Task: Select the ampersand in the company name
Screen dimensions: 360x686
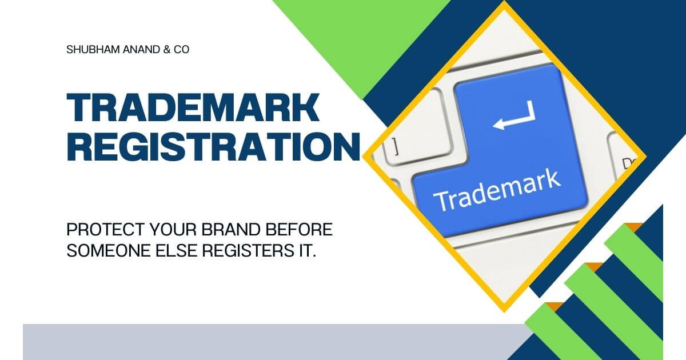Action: [166, 50]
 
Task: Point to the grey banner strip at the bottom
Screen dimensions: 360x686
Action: [269, 342]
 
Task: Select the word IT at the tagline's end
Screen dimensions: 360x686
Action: [308, 251]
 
